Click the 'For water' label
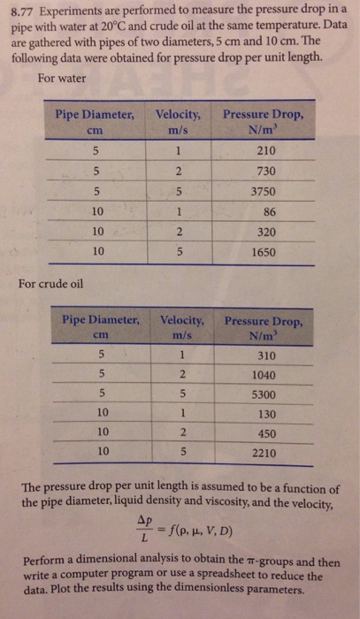62,77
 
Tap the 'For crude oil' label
58,284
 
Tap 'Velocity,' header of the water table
180,113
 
